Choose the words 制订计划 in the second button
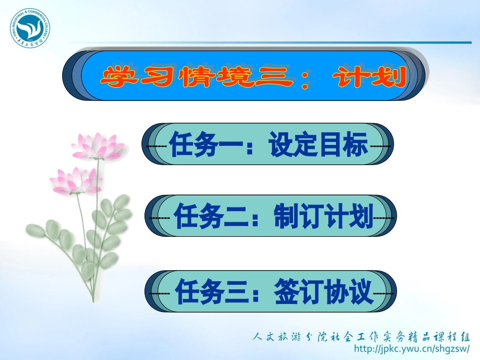(323, 218)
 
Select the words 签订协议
(323, 292)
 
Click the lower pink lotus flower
(76, 181)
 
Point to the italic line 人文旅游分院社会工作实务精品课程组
(361, 337)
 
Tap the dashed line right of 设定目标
(380, 146)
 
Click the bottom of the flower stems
(93, 298)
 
